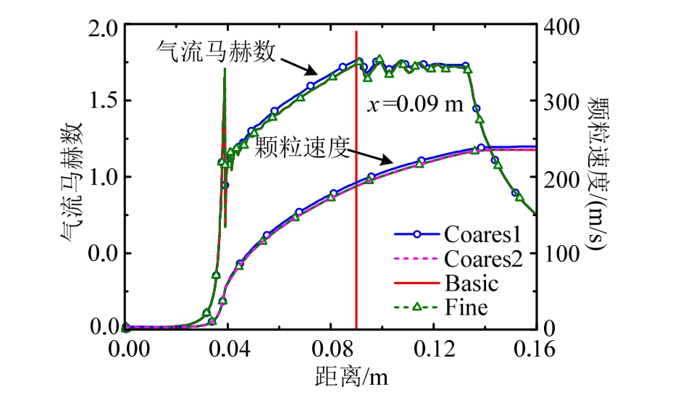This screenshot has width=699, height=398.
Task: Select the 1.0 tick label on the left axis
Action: pyautogui.click(x=102, y=178)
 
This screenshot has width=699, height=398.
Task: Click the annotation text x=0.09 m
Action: pyautogui.click(x=414, y=104)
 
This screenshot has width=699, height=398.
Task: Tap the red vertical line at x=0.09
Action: pyautogui.click(x=356, y=217)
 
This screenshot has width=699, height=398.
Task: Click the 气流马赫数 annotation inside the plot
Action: pyautogui.click(x=215, y=52)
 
